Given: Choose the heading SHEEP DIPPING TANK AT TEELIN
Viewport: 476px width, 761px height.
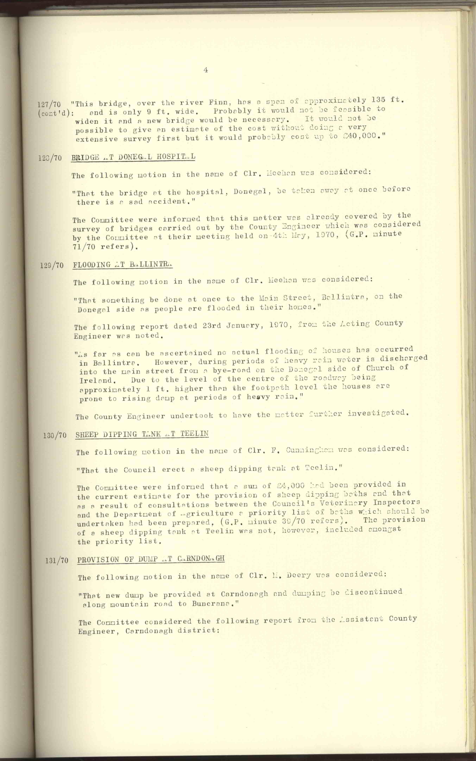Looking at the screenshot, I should pos(142,434).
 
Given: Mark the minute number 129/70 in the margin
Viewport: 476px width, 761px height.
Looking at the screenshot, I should pos(52,265).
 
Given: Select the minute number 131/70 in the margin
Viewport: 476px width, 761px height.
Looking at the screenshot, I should pos(57,561).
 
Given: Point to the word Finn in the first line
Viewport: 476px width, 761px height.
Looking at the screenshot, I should pos(216,102).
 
